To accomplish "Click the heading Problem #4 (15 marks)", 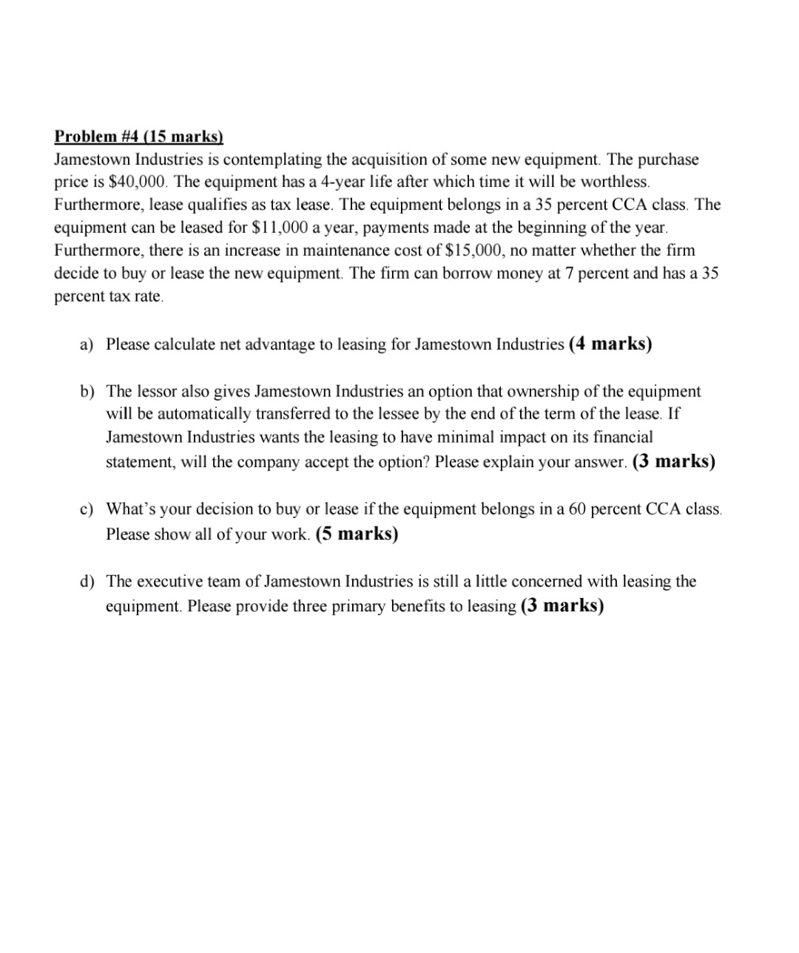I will (138, 137).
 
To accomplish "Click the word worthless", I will (614, 182).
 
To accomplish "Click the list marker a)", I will (87, 345).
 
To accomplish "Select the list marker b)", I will (87, 391).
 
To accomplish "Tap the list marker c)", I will (87, 509).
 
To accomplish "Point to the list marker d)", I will (87, 582).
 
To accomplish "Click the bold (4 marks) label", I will (610, 344).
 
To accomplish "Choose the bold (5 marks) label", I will (357, 534).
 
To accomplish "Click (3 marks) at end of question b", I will (674, 461).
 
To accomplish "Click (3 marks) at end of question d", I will (562, 606).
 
